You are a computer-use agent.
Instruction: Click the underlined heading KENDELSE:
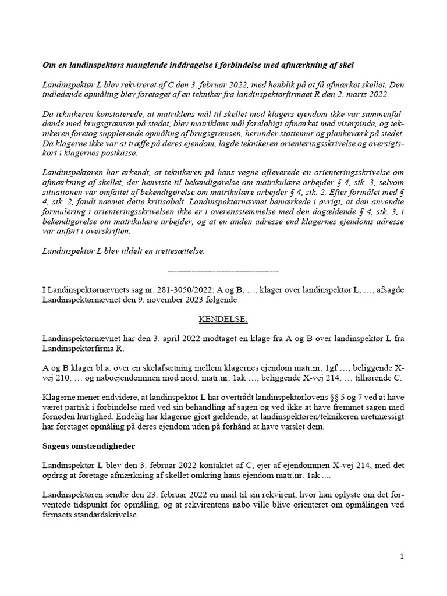223,319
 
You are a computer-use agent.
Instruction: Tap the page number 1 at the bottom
402,556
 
